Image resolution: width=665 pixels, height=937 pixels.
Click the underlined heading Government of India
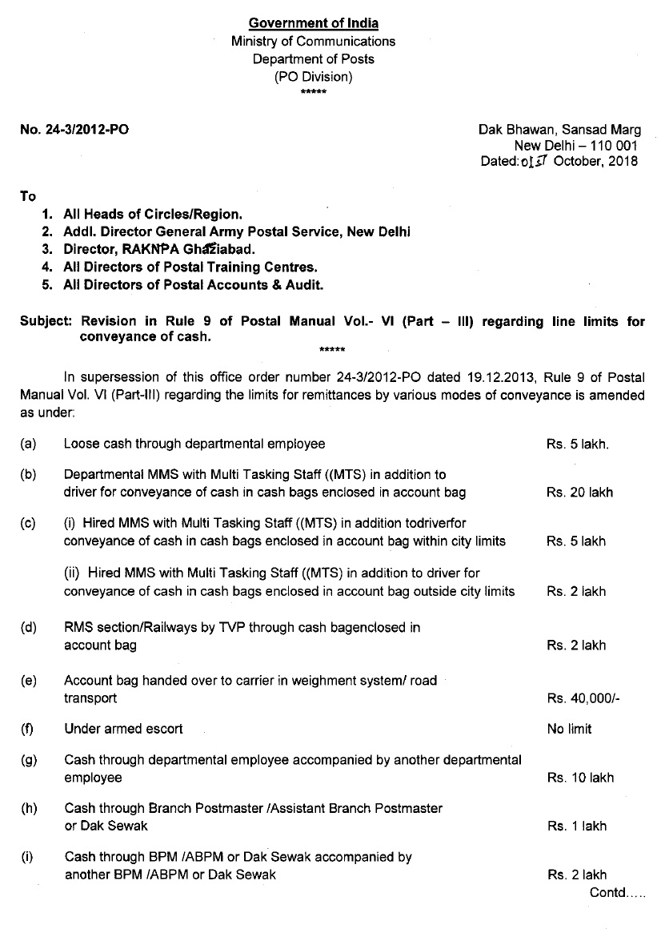coord(314,22)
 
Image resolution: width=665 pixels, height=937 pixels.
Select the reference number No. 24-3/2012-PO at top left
coord(74,129)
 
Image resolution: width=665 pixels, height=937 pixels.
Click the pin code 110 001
coord(613,145)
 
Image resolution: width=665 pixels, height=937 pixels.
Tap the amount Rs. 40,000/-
coord(583,698)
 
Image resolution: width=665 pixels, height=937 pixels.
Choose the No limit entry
coord(570,729)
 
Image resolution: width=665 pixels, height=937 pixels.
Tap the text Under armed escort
coord(123,729)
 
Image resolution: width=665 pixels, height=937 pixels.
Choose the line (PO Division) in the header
coord(313,77)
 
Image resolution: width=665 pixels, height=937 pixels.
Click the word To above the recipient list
coord(28,196)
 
